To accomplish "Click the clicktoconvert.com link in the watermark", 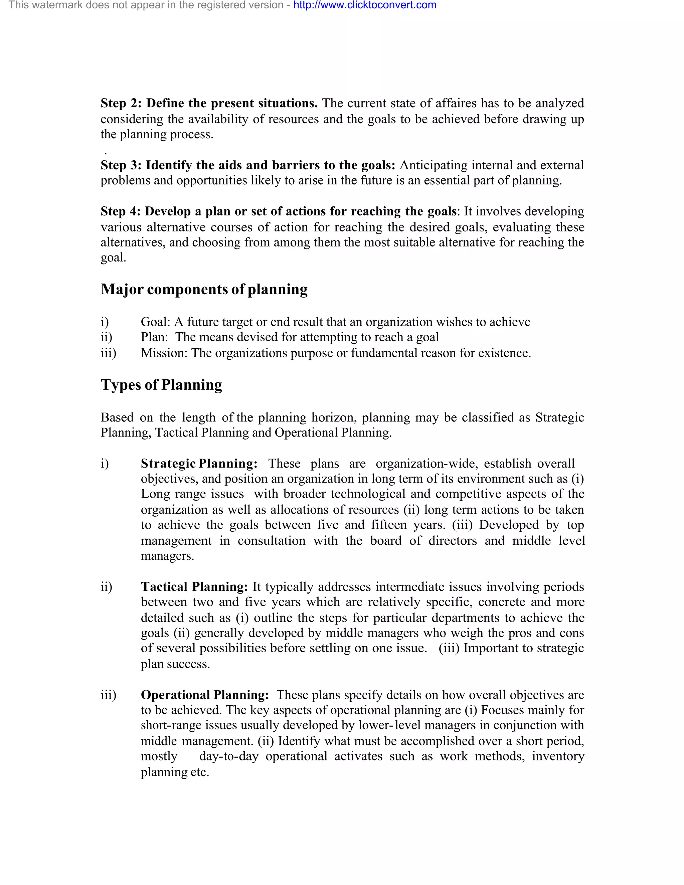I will (365, 5).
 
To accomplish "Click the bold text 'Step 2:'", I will (121, 103).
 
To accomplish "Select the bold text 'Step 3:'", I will (121, 165).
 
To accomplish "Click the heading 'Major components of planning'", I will (204, 289).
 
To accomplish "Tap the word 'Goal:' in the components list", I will (156, 322).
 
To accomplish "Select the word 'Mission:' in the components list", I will (164, 353).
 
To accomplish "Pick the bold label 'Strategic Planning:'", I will (199, 464).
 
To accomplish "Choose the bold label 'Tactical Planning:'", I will (194, 587).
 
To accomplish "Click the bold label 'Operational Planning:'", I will (205, 695).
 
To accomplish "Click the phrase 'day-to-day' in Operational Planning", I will (228, 756).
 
